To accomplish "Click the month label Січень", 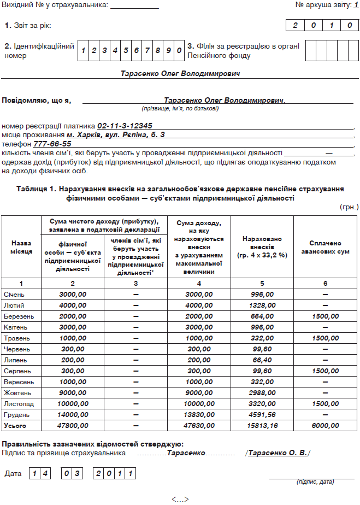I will (14, 294).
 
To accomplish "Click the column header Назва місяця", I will (21, 246).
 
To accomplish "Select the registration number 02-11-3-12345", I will (124, 126).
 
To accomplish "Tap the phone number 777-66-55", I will (52, 143).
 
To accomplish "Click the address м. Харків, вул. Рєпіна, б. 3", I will (116, 134).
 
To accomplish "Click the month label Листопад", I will (18, 403).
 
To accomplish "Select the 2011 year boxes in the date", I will (114, 473).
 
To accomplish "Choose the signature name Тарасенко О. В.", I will (279, 453).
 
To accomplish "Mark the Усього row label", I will (15, 425).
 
